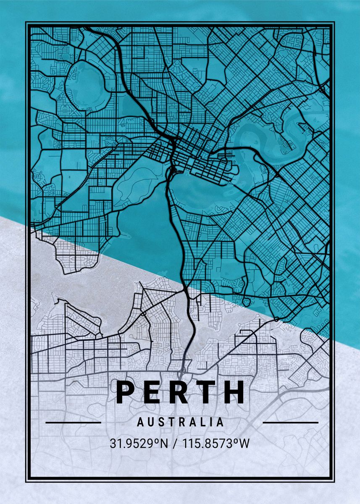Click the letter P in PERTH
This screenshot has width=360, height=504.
125,392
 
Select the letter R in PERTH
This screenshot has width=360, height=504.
180,392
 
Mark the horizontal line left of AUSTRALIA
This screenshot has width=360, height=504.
73,423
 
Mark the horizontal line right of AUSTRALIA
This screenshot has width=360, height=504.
290,423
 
